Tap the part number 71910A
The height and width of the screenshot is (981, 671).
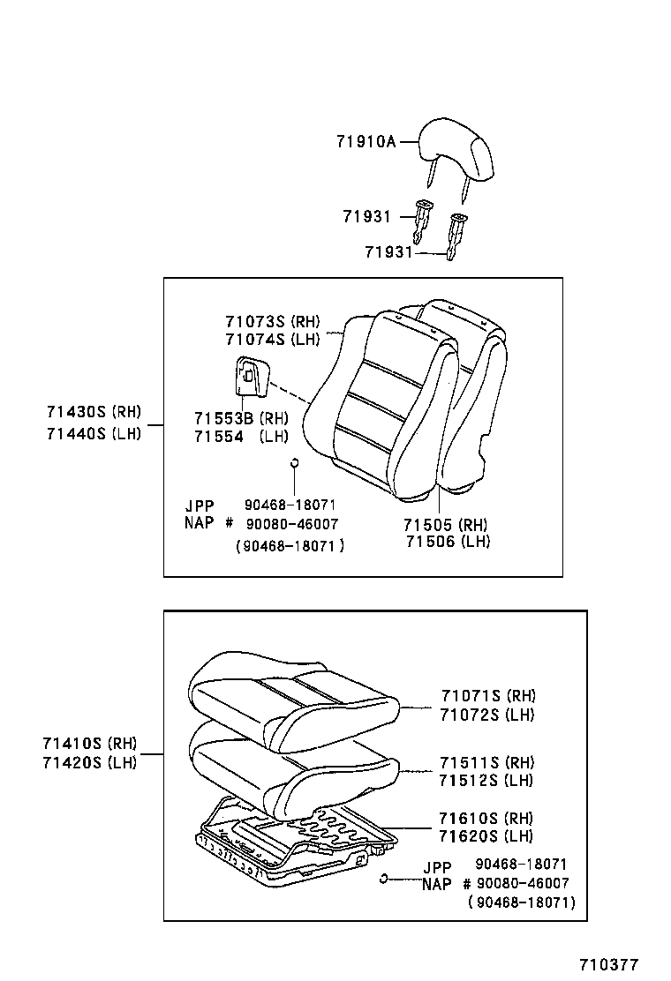tap(366, 141)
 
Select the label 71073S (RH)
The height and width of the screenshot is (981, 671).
tap(271, 322)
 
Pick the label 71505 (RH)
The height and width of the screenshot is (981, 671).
tap(447, 524)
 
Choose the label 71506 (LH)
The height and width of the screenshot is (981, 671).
tap(447, 541)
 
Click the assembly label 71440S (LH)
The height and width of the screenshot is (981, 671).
tap(94, 433)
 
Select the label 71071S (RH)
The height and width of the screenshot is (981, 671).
tap(487, 696)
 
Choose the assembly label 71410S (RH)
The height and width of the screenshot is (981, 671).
tap(89, 745)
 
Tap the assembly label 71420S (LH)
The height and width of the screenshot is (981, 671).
tap(89, 763)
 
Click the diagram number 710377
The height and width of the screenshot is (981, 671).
tap(608, 965)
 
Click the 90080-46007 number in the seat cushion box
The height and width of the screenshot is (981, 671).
tap(522, 883)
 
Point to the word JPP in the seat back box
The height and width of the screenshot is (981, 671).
tap(200, 505)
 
